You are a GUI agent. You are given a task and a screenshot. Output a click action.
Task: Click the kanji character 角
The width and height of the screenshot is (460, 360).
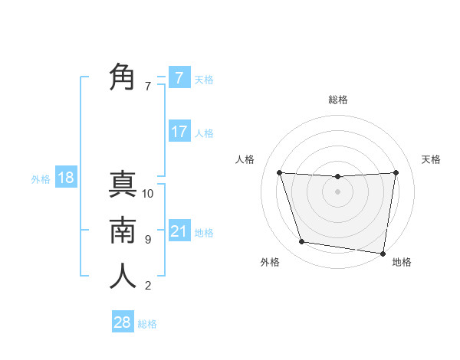(123, 78)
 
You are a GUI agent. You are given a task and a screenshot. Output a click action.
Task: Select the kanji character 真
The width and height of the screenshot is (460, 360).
(123, 185)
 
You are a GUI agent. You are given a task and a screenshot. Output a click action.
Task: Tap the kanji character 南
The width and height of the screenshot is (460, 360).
(123, 230)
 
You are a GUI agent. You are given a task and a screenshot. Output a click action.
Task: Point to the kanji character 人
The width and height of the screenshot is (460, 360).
(123, 276)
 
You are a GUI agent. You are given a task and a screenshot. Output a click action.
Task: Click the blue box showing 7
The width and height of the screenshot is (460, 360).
(179, 78)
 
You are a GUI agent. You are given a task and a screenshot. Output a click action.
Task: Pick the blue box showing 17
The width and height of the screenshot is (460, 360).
(179, 132)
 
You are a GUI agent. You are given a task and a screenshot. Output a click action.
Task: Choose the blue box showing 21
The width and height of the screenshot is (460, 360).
(179, 231)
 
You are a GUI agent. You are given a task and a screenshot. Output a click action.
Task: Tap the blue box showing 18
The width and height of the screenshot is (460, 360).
(66, 178)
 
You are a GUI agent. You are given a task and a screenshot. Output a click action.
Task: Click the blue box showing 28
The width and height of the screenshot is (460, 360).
(123, 322)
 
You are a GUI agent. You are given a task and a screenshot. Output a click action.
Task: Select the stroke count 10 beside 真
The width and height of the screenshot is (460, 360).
(148, 194)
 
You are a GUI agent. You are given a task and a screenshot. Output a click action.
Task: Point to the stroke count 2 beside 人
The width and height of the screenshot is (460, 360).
(148, 286)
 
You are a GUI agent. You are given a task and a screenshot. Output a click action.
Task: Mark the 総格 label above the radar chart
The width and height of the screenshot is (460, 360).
(337, 100)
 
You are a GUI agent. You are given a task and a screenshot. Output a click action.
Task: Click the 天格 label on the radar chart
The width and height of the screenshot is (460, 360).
(432, 159)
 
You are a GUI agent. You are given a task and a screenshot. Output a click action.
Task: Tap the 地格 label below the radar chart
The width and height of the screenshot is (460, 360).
(402, 263)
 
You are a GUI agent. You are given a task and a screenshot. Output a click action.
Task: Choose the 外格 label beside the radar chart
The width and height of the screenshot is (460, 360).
(270, 263)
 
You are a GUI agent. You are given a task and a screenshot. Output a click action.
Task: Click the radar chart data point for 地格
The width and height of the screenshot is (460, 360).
(383, 253)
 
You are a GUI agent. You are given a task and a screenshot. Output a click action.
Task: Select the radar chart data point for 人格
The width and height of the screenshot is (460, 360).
(280, 173)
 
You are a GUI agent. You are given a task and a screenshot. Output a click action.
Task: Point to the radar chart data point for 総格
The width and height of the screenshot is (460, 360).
(337, 177)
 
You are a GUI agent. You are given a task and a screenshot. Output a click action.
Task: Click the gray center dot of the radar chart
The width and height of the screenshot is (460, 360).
(337, 191)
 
